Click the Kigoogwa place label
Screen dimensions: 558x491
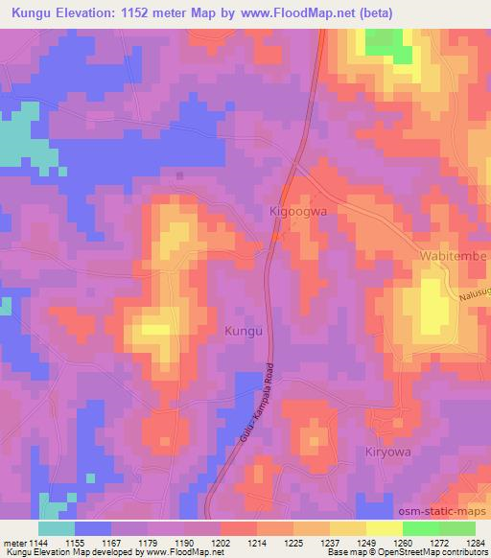299,209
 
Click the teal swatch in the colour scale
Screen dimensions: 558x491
57,527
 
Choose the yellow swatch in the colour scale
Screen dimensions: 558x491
384,527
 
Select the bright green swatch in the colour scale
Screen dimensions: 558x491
420,527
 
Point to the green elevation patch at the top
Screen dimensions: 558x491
386,42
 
